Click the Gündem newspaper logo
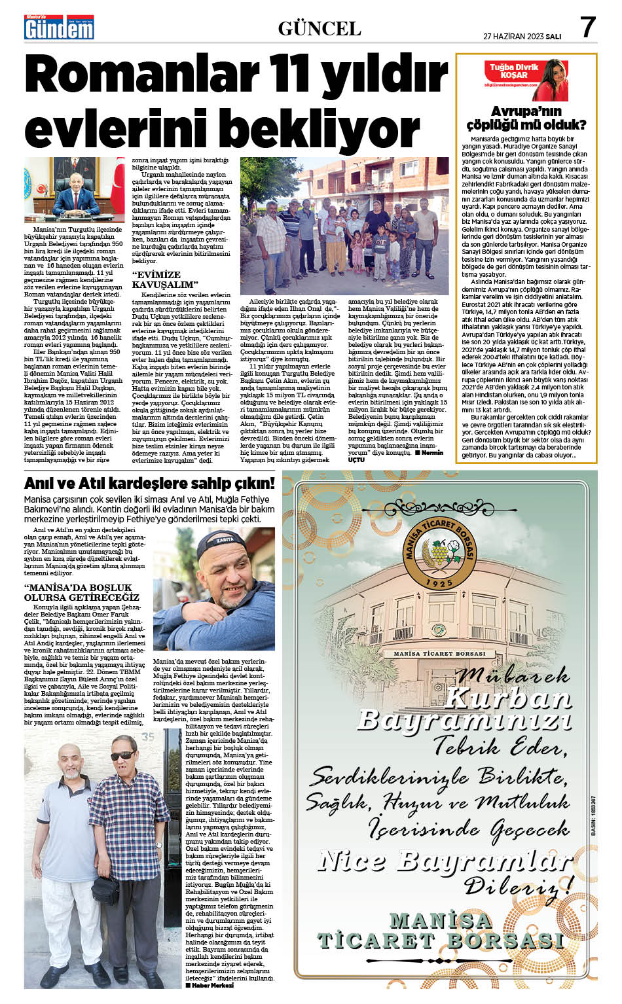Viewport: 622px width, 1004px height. (x=59, y=28)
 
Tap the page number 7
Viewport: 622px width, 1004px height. (x=587, y=27)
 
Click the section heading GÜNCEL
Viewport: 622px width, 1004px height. (x=320, y=28)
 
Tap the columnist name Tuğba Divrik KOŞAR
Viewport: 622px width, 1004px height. (x=514, y=71)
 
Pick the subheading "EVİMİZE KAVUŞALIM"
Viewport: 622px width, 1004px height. (x=165, y=279)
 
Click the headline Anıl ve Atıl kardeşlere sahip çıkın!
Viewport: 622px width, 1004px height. (x=149, y=484)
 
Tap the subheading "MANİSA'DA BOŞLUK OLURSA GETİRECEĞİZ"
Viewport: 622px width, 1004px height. (x=82, y=592)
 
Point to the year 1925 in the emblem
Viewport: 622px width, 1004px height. (x=439, y=582)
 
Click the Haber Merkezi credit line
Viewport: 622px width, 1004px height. (x=210, y=984)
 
